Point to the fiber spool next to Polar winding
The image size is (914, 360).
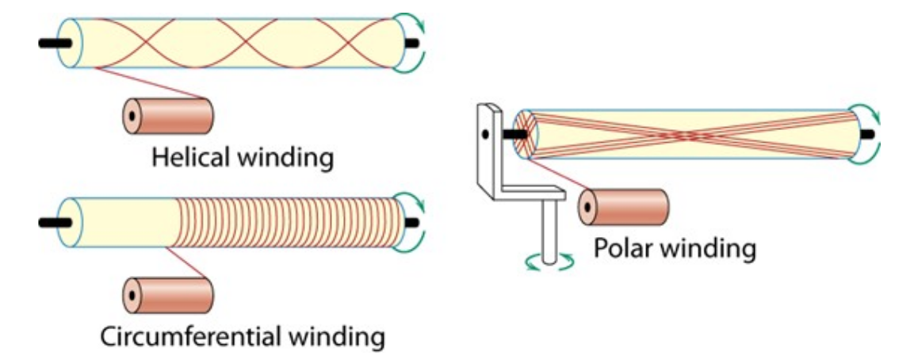point(626,209)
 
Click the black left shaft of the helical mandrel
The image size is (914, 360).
point(52,42)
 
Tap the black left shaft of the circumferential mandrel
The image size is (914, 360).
point(52,220)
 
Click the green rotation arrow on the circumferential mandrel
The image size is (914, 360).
point(415,218)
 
